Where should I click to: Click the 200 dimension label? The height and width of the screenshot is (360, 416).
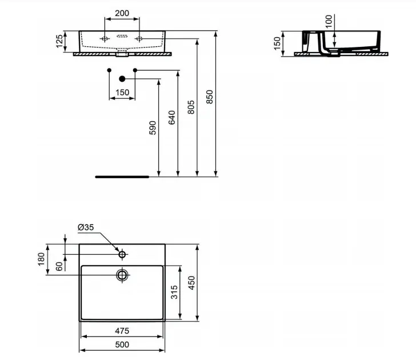[x=122, y=13]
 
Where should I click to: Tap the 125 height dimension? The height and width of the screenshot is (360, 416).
[x=59, y=41]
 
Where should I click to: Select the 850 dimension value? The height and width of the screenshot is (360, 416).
[x=210, y=97]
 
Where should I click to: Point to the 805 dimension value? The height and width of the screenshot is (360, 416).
[x=191, y=107]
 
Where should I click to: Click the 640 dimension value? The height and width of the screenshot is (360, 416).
[x=172, y=118]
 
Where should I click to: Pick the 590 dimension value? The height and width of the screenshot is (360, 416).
[x=153, y=127]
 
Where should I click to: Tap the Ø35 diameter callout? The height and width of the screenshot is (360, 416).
[x=86, y=227]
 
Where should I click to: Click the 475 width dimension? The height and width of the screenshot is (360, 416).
[x=122, y=331]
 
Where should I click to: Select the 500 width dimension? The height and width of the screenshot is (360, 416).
[x=122, y=345]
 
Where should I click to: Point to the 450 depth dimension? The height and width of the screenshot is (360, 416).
[x=191, y=283]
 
